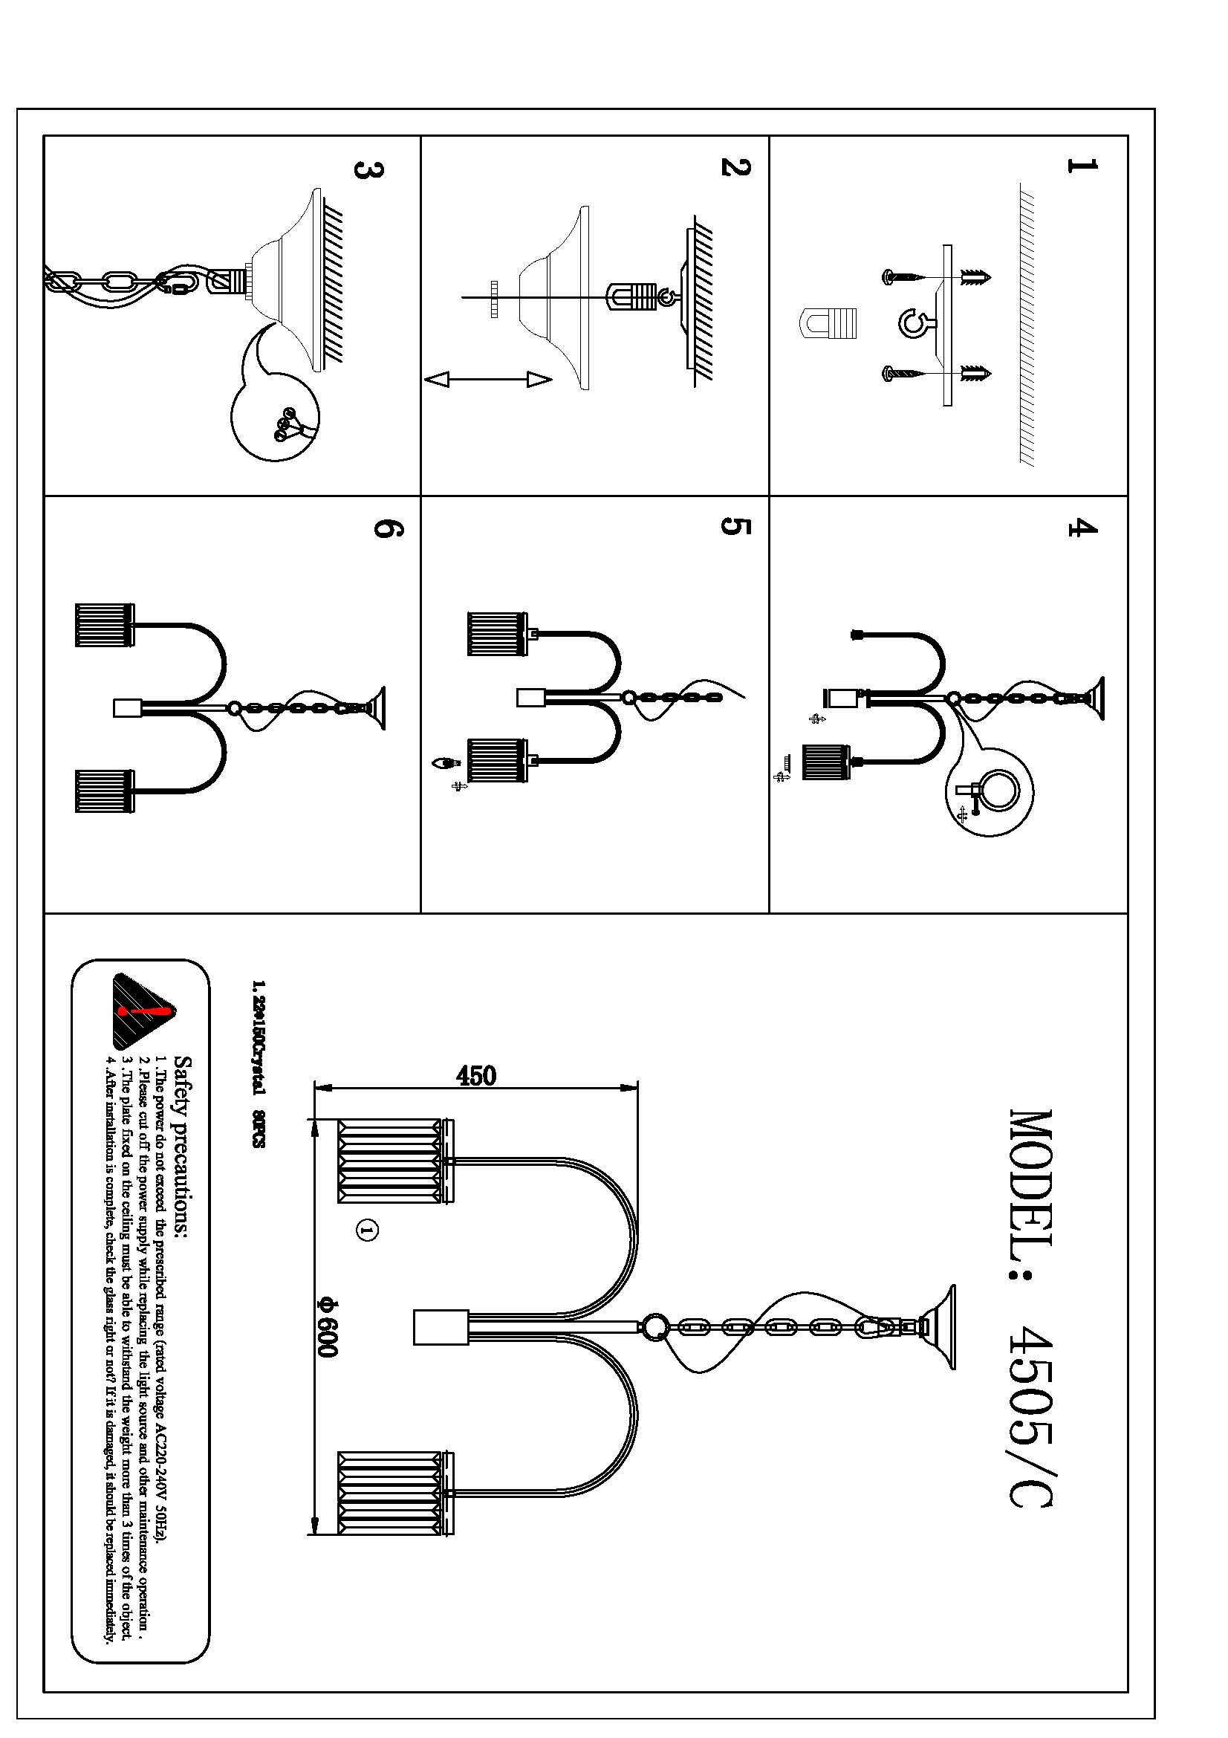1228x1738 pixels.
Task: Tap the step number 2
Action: [x=735, y=167]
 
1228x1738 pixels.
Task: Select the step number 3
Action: [x=368, y=169]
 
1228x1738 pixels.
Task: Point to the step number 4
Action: [x=1082, y=528]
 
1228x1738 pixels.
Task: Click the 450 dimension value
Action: [x=476, y=1076]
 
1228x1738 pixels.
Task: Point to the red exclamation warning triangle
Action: [x=142, y=1011]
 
